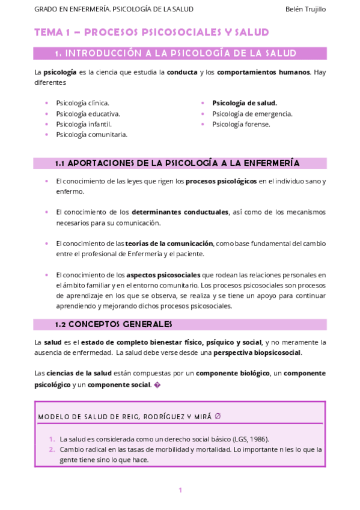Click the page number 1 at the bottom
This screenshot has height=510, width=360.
click(x=180, y=490)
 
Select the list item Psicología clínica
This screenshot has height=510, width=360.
click(x=82, y=103)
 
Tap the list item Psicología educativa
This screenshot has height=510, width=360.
click(x=88, y=113)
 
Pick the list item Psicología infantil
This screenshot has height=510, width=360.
click(x=84, y=124)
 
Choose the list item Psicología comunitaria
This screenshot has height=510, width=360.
click(x=91, y=134)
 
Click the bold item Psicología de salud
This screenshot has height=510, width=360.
click(x=245, y=103)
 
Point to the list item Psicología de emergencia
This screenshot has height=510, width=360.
click(x=252, y=113)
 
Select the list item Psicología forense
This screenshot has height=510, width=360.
click(x=241, y=124)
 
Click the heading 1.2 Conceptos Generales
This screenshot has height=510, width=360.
click(x=113, y=324)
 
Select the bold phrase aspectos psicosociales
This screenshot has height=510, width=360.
click(x=163, y=275)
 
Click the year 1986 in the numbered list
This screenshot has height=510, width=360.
click(x=259, y=439)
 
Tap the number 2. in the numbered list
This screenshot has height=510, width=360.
click(x=52, y=449)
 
